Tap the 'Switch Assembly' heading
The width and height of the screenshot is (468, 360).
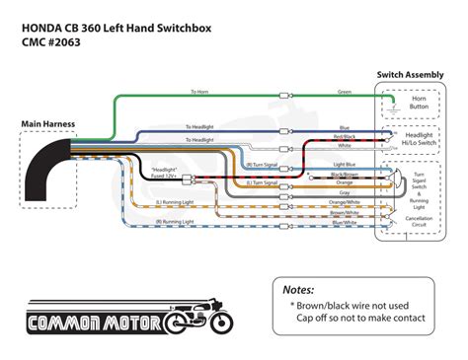(x=414, y=75)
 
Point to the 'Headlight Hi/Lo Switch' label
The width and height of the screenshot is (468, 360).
(x=424, y=142)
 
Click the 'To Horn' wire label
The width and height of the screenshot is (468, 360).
(x=199, y=92)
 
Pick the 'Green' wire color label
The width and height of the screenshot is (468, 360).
(x=344, y=92)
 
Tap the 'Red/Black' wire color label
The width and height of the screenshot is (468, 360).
(x=344, y=135)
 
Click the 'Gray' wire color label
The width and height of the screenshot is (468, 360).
(x=344, y=192)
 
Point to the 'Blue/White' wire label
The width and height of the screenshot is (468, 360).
(x=344, y=222)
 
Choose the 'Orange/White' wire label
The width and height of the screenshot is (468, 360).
(x=344, y=202)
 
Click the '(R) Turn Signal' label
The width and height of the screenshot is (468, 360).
(x=263, y=164)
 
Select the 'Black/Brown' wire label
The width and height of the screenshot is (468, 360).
(x=344, y=174)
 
